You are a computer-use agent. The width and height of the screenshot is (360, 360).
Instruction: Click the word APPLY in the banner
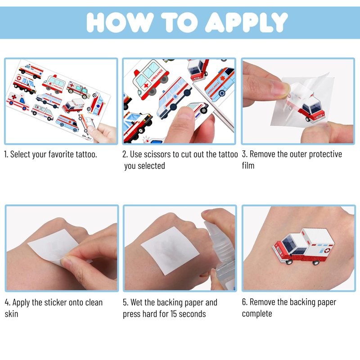(246, 22)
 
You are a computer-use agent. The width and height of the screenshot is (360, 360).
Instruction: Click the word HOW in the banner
(120, 22)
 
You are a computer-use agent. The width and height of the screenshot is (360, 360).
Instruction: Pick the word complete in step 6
(257, 314)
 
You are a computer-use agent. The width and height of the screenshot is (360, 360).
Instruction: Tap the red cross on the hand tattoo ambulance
(327, 250)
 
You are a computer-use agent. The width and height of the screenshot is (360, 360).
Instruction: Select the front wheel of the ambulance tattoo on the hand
(289, 262)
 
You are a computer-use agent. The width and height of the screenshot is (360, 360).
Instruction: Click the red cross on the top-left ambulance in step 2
(146, 85)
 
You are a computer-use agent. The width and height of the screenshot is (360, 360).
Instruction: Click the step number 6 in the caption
(244, 302)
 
